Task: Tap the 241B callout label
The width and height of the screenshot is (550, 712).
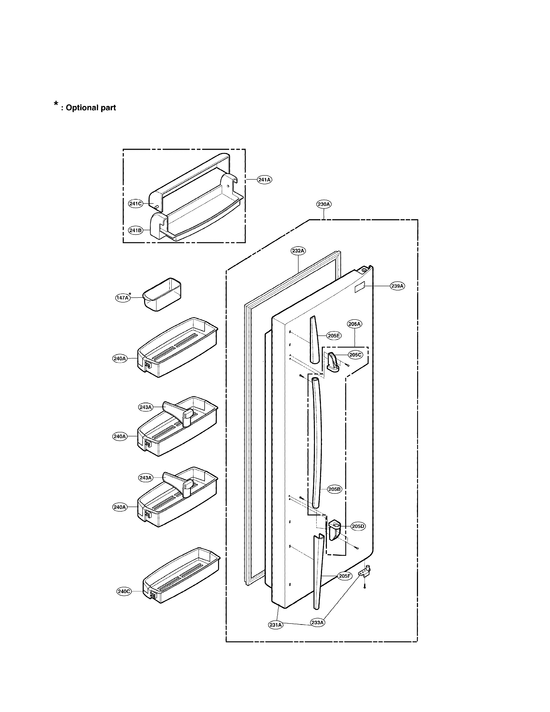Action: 135,230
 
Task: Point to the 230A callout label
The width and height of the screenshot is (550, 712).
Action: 324,204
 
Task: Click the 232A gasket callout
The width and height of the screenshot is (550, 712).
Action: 298,251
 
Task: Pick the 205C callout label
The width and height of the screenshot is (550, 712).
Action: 355,355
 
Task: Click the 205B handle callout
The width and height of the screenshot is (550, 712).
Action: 335,498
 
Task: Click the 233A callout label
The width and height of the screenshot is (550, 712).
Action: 317,622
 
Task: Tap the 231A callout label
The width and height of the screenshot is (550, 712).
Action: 276,625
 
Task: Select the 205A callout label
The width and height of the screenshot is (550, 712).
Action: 355,324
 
